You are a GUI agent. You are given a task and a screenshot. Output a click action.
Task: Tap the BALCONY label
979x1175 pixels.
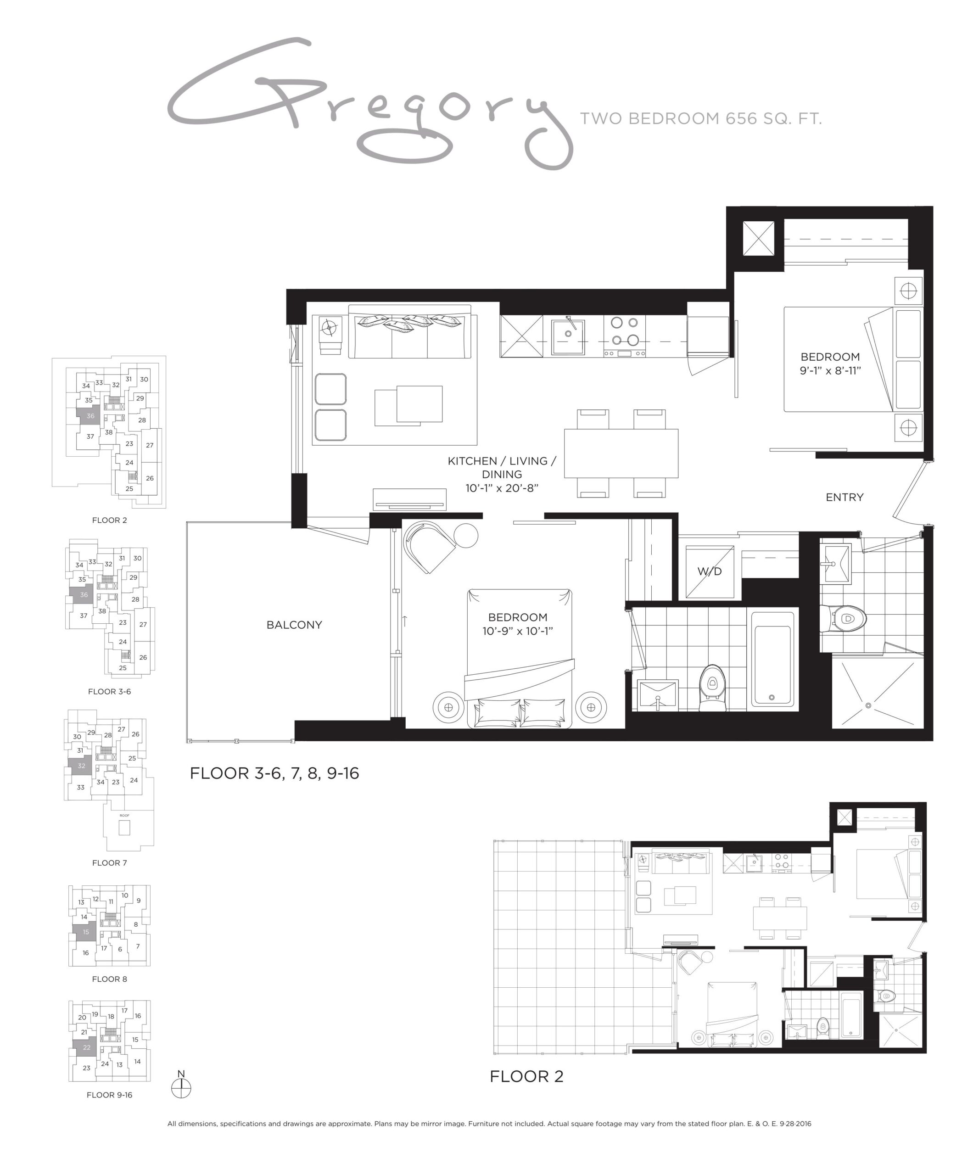[x=294, y=625]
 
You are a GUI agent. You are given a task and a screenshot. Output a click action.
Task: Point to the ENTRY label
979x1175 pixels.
[x=844, y=498]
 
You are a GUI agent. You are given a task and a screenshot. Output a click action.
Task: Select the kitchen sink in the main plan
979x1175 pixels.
[x=568, y=337]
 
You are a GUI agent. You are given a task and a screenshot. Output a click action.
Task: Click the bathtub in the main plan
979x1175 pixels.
[x=772, y=661]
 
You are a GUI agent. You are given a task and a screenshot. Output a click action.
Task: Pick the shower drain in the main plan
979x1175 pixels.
[x=868, y=705]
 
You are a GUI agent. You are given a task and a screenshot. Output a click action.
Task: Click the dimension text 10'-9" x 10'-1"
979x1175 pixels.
[x=517, y=631]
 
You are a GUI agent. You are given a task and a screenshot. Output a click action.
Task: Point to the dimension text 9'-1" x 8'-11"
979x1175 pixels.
[x=830, y=370]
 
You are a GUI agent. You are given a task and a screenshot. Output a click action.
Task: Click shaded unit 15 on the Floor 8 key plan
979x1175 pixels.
[x=85, y=932]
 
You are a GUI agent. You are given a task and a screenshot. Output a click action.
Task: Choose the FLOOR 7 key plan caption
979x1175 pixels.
[x=110, y=863]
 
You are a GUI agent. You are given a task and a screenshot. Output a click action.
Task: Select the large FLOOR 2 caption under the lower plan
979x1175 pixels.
[x=526, y=1076]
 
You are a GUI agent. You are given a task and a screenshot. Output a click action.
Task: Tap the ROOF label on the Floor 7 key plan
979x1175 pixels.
[x=124, y=815]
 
